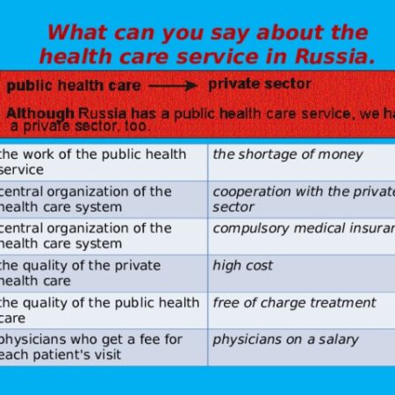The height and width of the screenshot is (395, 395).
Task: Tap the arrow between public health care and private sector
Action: [172, 86]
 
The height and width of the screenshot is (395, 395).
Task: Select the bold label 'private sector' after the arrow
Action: [259, 84]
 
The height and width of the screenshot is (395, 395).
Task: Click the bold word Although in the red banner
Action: [40, 113]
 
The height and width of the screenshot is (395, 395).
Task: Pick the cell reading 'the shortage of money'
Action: [288, 154]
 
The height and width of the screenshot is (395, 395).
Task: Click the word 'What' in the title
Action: [77, 32]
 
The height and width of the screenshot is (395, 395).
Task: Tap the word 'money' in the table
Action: [341, 154]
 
